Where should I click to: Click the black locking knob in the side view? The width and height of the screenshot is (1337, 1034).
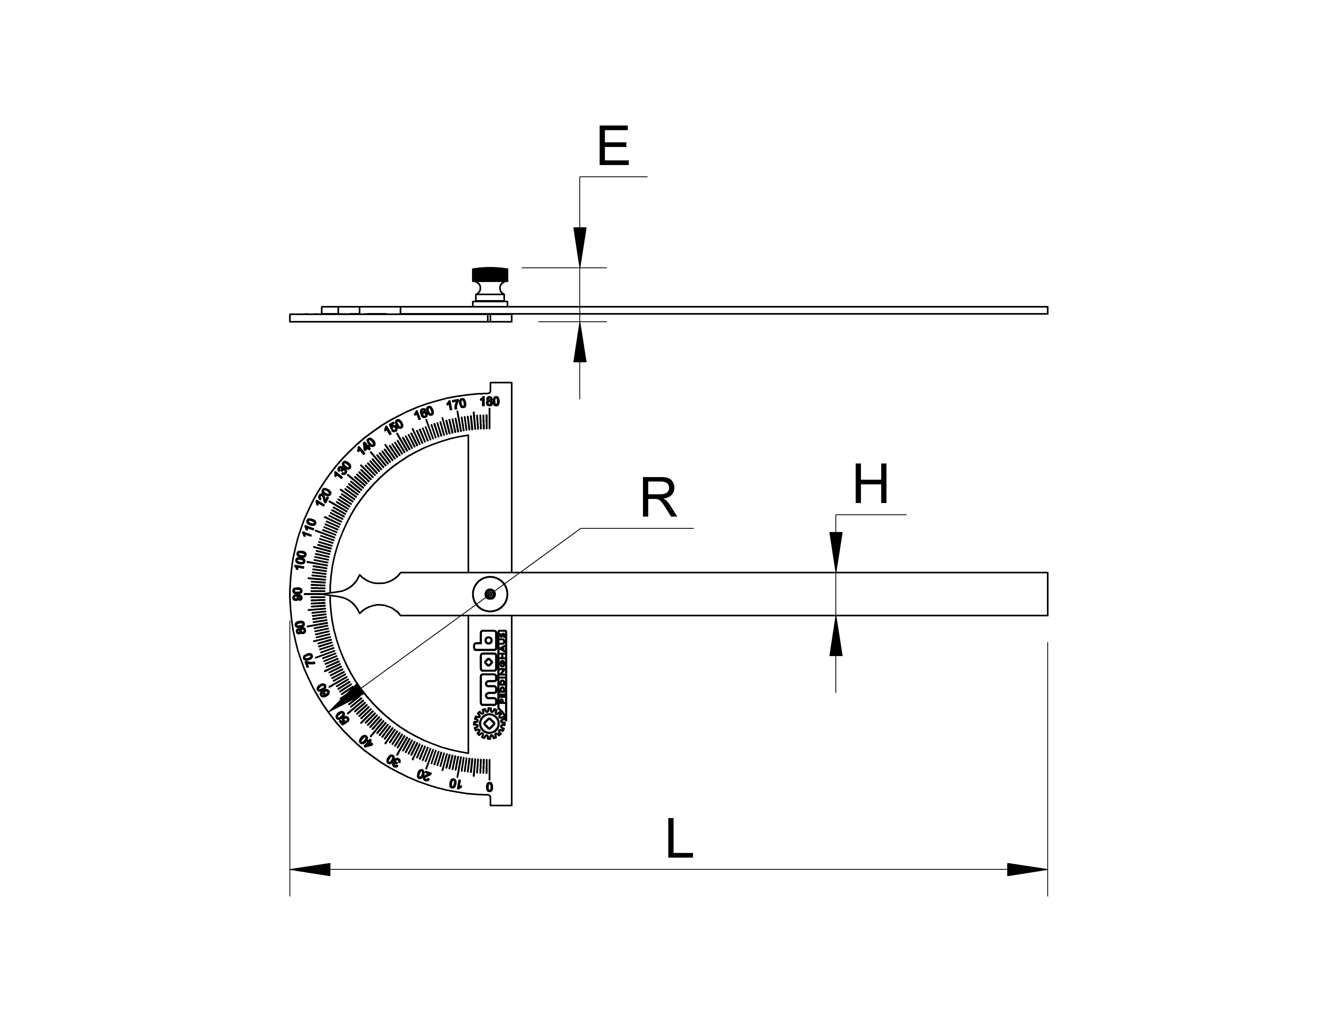tap(490, 275)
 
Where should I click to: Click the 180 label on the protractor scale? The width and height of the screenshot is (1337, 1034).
tap(490, 402)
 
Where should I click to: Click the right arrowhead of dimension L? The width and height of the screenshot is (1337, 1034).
tap(1027, 869)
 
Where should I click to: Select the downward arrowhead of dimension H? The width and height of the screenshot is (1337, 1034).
tap(836, 551)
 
